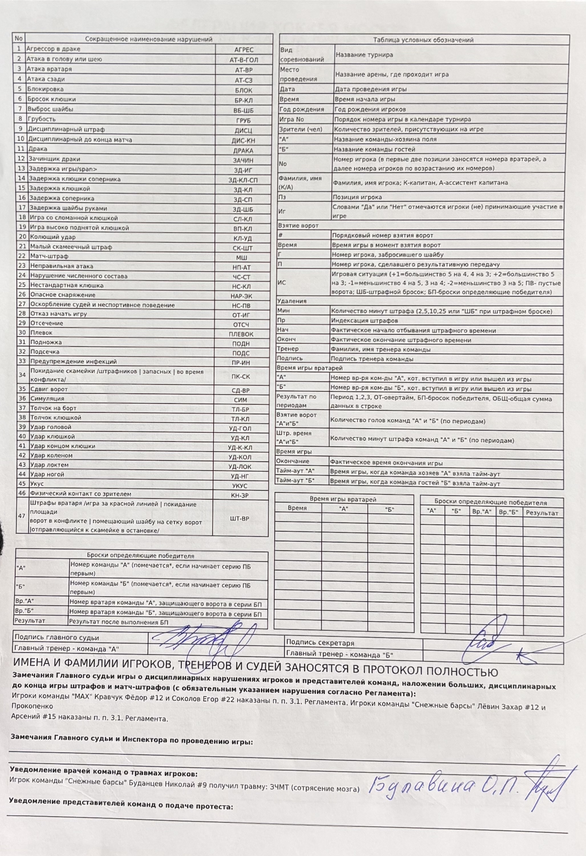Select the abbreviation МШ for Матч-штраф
click(x=242, y=257)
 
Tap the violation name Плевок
click(x=41, y=333)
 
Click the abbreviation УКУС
click(x=240, y=486)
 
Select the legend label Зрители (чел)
click(x=300, y=129)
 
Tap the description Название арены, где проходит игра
click(x=391, y=74)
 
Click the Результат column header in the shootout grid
click(x=542, y=513)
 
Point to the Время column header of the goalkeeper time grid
click(x=297, y=508)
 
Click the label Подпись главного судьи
click(x=57, y=638)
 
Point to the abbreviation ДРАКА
click(x=243, y=151)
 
